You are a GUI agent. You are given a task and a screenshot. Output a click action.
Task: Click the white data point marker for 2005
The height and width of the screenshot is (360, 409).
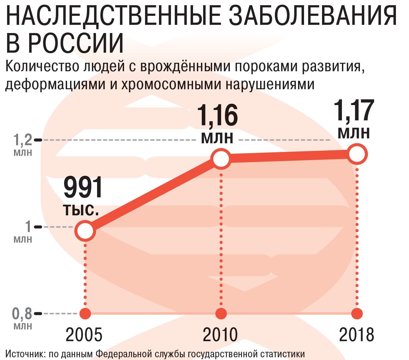pyautogui.click(x=85, y=231)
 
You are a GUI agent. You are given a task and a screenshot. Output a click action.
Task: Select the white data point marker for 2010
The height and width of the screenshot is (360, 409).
pyautogui.click(x=221, y=159)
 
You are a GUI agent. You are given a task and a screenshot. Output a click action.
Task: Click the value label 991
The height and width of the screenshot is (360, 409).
pyautogui.click(x=83, y=188)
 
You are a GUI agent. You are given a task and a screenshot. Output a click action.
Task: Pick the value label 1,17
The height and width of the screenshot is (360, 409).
pyautogui.click(x=354, y=111)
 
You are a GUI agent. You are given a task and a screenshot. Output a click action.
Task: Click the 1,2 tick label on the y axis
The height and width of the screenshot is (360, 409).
pyautogui.click(x=23, y=140)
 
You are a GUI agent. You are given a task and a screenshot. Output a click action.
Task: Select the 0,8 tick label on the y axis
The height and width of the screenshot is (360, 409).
pyautogui.click(x=22, y=314)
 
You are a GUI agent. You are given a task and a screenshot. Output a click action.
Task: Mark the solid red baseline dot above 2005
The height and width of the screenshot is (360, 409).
pyautogui.click(x=85, y=314)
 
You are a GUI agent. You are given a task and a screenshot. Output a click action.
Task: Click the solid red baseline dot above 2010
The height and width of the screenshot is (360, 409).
pyautogui.click(x=221, y=314)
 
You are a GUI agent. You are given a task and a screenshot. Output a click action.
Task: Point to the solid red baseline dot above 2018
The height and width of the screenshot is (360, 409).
pyautogui.click(x=357, y=314)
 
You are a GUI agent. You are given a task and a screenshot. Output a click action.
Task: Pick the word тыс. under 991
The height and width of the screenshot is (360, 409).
pyautogui.click(x=81, y=210)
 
